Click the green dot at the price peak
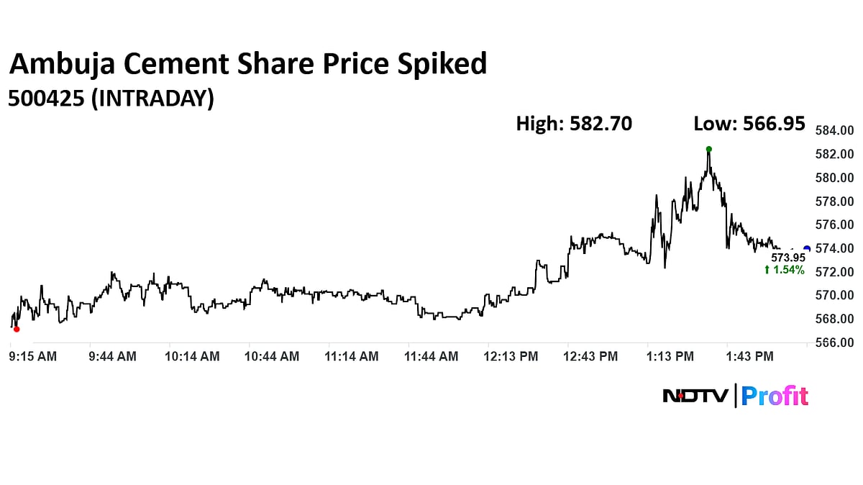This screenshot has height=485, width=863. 708,149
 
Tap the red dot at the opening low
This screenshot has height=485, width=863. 17,329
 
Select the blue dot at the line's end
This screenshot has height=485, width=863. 807,249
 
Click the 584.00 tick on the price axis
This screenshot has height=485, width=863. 834,130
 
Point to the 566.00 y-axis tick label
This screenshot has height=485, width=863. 834,343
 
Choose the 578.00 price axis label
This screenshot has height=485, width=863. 834,201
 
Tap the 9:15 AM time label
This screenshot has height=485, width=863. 33,356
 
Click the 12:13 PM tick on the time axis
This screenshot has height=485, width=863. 511,356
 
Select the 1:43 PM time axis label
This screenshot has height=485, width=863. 749,356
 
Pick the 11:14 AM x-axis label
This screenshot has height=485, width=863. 352,356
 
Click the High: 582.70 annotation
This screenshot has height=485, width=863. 574,124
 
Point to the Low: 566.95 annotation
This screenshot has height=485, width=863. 749,124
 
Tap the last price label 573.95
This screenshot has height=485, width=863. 788,258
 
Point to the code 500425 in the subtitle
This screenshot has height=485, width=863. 45,99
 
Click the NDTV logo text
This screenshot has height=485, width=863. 695,396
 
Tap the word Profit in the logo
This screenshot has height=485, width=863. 775,396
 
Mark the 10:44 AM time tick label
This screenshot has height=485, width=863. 272,356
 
